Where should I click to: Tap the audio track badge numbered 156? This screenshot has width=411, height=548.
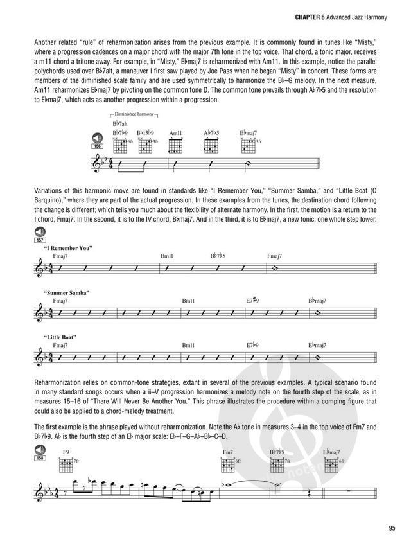[x=98, y=140]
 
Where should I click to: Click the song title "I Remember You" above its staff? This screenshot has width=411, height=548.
[x=69, y=248]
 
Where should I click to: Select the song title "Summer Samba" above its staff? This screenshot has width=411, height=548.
[x=67, y=292]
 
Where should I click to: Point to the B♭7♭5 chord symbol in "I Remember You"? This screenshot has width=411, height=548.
[x=218, y=256]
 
